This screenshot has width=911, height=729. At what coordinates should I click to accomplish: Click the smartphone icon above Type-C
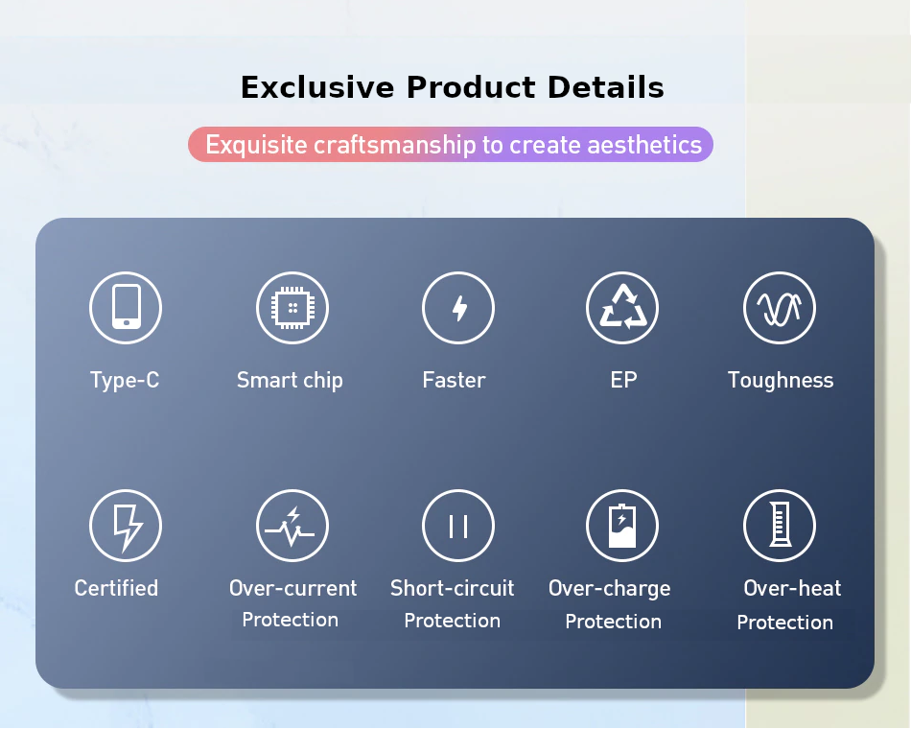pos(126,307)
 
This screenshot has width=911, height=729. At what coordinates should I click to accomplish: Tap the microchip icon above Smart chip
pos(292,307)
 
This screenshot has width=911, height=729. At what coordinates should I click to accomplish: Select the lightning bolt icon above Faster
pos(458,307)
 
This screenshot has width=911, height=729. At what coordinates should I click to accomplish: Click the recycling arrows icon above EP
pos(622,307)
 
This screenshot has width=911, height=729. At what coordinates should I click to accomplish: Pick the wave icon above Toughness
pos(780,307)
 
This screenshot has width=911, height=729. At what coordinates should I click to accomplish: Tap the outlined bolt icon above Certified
pos(126,525)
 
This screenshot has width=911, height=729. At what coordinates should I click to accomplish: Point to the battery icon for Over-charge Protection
pos(622,525)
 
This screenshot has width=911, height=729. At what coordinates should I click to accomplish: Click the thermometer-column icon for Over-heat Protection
pos(780,525)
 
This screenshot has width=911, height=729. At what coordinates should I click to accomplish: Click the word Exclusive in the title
pos(317,88)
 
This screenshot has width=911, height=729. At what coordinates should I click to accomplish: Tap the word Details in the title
pos(605,88)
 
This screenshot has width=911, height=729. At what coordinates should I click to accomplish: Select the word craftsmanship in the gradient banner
pos(394,145)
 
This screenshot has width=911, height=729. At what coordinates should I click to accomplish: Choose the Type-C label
pos(125,381)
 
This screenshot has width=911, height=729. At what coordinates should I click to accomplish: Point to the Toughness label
pos(781,381)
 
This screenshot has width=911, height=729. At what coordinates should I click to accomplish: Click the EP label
pos(623,380)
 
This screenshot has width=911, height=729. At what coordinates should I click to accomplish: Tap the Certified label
pos(116,588)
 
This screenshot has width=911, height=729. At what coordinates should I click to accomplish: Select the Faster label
pos(454,380)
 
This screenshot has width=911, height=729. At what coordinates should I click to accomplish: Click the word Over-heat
pos(792,588)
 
